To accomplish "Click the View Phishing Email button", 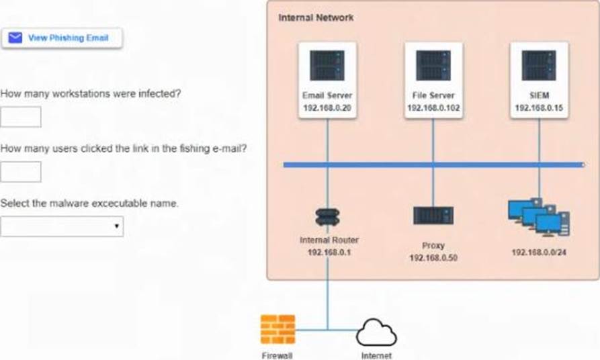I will coord(62,38).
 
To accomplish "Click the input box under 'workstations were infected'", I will coord(21,117).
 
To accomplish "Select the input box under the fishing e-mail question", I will coord(21,171).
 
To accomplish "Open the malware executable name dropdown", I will coord(62,226).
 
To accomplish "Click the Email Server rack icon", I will coord(327,66).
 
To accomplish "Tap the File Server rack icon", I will coord(433,66).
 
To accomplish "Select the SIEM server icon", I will coord(539,66).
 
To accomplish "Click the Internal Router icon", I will coord(327,216).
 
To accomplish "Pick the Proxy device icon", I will coord(433,215).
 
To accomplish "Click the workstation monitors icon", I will coord(539,217).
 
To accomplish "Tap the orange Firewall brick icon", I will coord(277,329).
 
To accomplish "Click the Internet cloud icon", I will coord(376,332).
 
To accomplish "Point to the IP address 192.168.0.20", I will coord(327,107).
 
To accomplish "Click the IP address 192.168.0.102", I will coord(433,107).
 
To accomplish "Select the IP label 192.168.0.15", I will coord(539,107).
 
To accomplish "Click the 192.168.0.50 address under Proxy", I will coord(433,257).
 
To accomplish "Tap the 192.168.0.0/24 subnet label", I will coord(539,253).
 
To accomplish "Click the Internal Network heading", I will coord(316,17).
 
